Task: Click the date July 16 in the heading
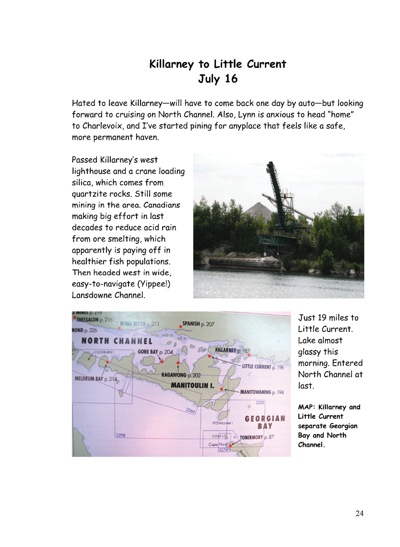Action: click(218, 79)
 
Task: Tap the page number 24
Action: click(359, 513)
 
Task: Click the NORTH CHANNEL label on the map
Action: click(117, 341)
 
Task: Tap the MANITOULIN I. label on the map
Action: click(193, 385)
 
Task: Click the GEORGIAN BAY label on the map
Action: click(265, 422)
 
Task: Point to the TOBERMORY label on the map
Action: click(251, 437)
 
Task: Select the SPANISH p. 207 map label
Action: click(198, 324)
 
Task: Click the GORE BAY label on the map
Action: click(148, 352)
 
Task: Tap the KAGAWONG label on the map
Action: click(174, 375)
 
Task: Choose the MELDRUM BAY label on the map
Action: click(89, 379)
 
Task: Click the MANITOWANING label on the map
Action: click(256, 392)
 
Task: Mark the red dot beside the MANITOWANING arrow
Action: click(221, 389)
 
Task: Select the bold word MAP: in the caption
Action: click(306, 407)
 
